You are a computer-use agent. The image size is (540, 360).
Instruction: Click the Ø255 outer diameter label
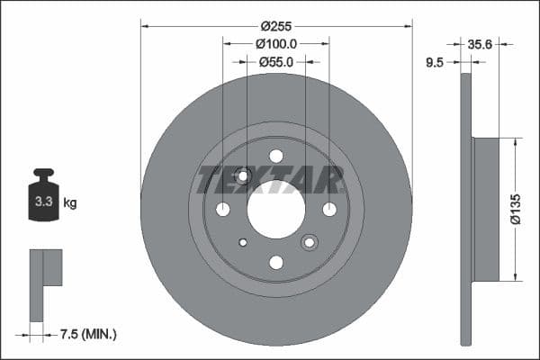[276, 27]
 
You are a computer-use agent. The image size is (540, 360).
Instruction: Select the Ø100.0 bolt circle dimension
[276, 43]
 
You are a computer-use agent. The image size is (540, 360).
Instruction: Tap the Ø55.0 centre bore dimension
[276, 62]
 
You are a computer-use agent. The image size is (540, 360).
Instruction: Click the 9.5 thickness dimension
[435, 63]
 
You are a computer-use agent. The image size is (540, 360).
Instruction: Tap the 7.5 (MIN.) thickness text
[86, 335]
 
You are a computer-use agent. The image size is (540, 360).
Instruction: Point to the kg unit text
[70, 203]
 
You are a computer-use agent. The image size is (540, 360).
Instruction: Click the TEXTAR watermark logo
[270, 180]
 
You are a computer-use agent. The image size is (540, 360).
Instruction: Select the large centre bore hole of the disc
[276, 210]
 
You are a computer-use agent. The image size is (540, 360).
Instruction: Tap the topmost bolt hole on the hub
[276, 156]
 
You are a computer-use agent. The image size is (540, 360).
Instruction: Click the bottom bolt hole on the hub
[276, 262]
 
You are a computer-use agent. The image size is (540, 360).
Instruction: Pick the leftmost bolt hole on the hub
[222, 210]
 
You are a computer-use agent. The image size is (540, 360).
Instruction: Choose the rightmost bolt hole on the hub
[329, 210]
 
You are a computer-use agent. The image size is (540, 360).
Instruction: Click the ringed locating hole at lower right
[310, 242]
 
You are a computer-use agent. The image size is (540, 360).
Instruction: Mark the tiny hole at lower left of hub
[243, 242]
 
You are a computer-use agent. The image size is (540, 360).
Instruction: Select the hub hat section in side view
[485, 208]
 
